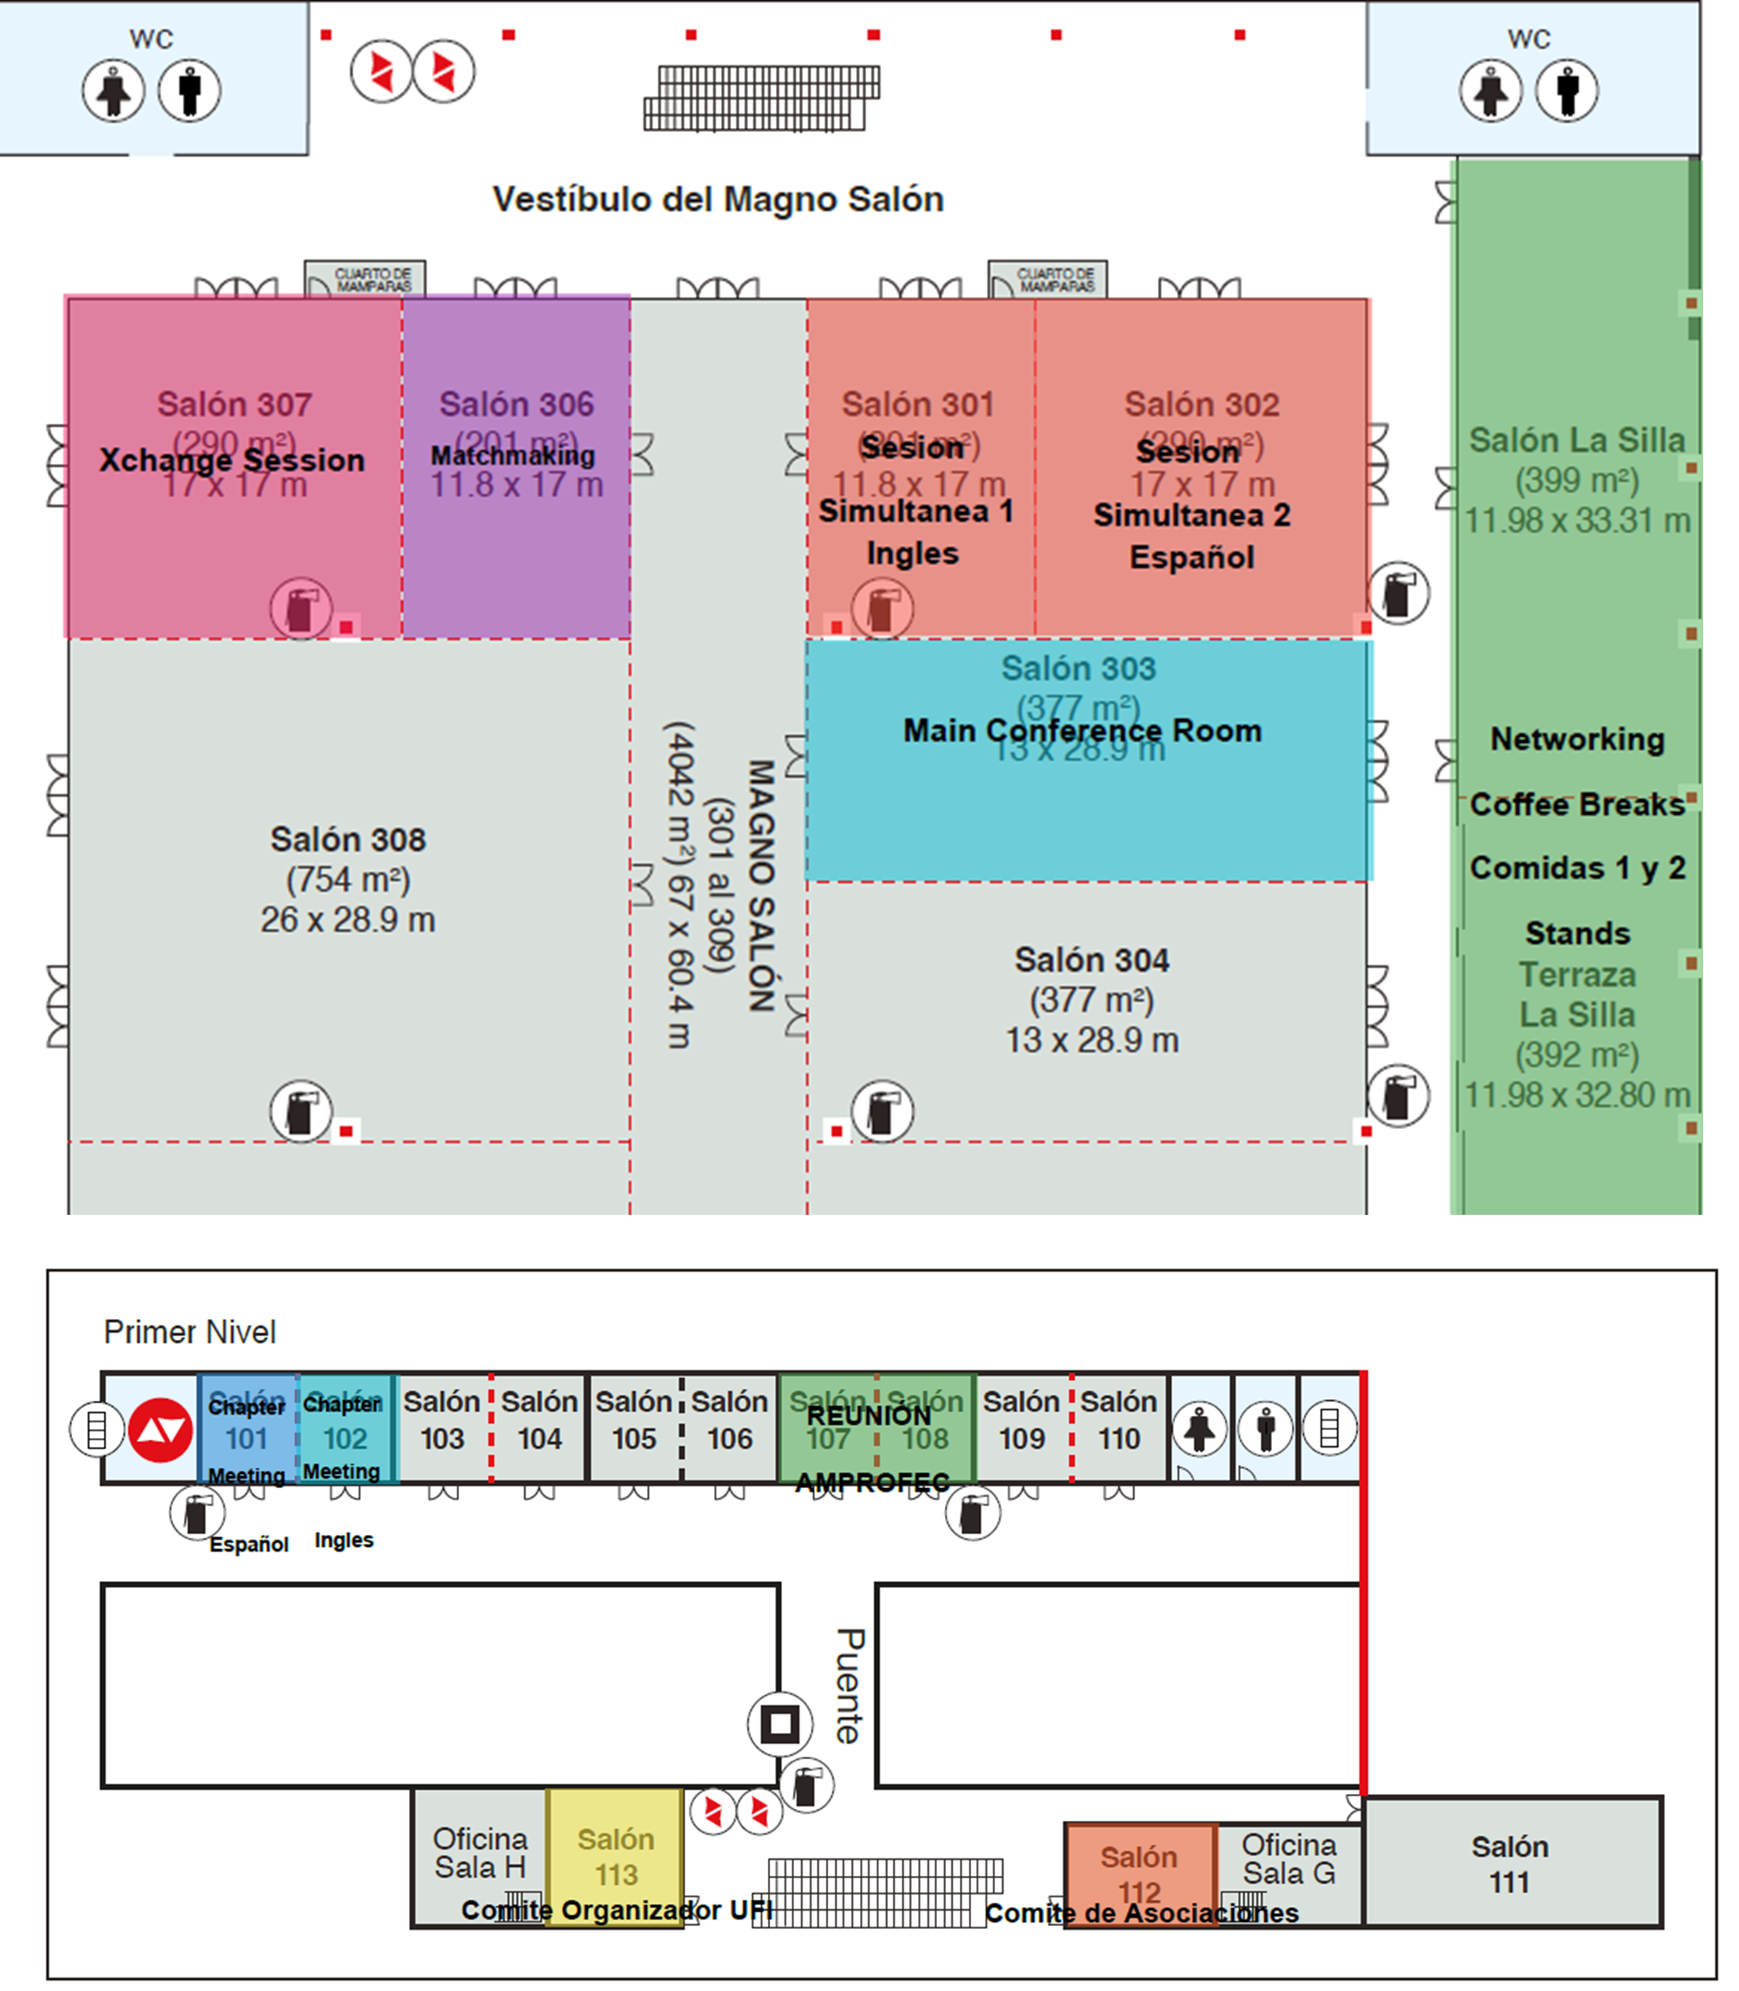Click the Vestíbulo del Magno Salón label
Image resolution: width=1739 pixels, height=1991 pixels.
tap(718, 199)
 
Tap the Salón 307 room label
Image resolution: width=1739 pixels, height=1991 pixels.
tap(234, 404)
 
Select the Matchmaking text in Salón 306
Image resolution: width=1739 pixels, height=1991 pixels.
tap(512, 455)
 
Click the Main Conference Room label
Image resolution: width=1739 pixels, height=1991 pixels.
tap(1082, 730)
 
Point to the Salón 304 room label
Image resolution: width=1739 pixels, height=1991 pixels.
tap(1092, 960)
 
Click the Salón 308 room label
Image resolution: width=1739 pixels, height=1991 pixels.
tap(348, 840)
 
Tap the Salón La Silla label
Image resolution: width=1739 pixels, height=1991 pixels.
tap(1577, 439)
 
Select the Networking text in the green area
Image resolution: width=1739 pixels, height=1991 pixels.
tap(1577, 739)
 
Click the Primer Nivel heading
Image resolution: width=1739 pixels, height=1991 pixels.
tap(189, 1332)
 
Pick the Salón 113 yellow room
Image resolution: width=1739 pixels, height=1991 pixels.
tap(615, 1856)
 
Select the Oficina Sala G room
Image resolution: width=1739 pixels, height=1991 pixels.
tap(1289, 1858)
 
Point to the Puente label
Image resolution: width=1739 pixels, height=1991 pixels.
tap(848, 1686)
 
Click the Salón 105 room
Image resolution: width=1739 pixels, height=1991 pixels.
tap(633, 1421)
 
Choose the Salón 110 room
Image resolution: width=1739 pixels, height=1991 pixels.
tap(1119, 1421)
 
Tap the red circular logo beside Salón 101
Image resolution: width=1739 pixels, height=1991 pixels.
tap(161, 1430)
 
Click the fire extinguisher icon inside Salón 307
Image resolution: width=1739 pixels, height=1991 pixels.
tap(301, 609)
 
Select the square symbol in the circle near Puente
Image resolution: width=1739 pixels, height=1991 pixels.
tap(779, 1724)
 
